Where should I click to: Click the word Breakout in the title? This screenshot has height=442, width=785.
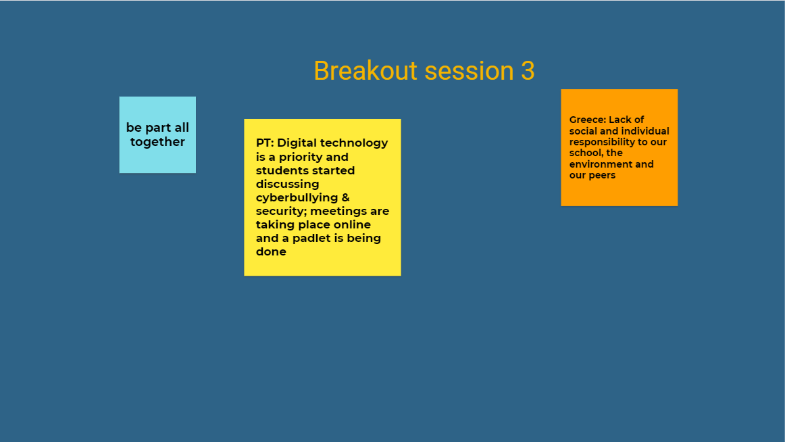click(x=365, y=70)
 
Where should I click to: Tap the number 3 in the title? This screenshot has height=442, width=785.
click(x=528, y=70)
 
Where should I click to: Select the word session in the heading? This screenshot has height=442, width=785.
click(x=469, y=70)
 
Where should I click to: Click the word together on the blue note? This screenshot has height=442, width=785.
click(x=157, y=142)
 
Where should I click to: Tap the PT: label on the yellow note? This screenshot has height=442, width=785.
click(x=265, y=143)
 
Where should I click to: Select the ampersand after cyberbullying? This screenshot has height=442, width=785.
click(x=345, y=197)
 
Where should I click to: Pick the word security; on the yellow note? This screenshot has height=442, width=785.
click(x=281, y=212)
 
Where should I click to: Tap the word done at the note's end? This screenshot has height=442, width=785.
click(x=271, y=252)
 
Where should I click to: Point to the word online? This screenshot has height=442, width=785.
click(x=352, y=225)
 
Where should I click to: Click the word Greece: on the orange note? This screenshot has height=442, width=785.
click(x=588, y=120)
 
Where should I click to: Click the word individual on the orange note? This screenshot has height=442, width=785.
click(x=646, y=131)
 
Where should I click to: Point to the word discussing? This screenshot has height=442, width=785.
click(x=287, y=185)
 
